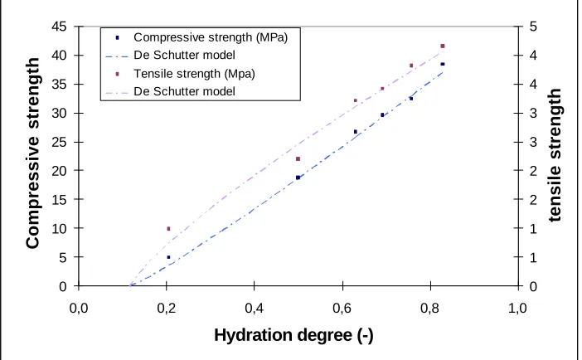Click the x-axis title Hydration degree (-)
point(293,335)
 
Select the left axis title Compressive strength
point(32,153)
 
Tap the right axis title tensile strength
point(555,155)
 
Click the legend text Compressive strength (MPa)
point(211,37)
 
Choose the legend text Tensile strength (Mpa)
point(194,74)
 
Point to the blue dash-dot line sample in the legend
point(117,56)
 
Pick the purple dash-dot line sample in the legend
point(117,92)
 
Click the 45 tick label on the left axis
point(59,27)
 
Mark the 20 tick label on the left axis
point(59,171)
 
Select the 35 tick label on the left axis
point(59,85)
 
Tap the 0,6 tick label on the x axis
point(342,309)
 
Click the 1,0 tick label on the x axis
point(517,309)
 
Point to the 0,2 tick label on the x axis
point(167,309)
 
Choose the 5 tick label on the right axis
point(533,27)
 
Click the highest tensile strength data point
point(443,46)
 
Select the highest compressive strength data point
point(443,64)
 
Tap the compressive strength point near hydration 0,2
point(168,257)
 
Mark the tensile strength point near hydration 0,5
point(298,159)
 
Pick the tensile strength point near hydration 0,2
point(168,229)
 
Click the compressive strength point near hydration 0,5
point(298,178)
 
